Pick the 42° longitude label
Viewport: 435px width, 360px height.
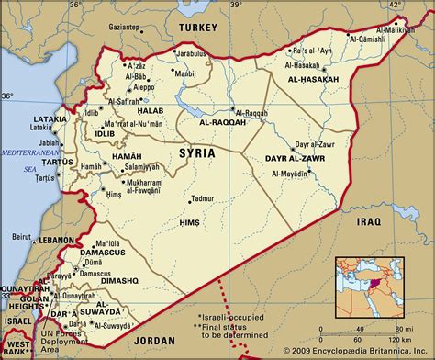pyautogui.click(x=396, y=6)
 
